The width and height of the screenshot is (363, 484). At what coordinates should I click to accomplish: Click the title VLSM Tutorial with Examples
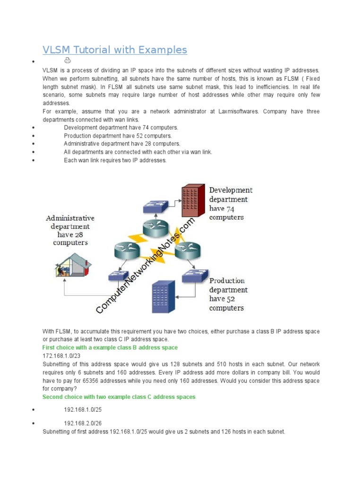click(x=115, y=50)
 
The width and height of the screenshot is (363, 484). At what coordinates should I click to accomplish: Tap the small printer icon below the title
click(x=67, y=60)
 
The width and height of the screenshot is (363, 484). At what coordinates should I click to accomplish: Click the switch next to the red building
click(x=155, y=206)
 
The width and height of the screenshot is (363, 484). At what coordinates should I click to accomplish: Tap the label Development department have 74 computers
click(x=231, y=204)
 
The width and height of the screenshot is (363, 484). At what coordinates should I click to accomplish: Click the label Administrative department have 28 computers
click(x=70, y=230)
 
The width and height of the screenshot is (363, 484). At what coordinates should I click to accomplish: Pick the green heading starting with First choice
click(x=110, y=348)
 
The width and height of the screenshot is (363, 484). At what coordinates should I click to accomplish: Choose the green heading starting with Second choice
click(x=119, y=397)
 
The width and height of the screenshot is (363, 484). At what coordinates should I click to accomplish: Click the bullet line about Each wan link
click(x=115, y=160)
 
